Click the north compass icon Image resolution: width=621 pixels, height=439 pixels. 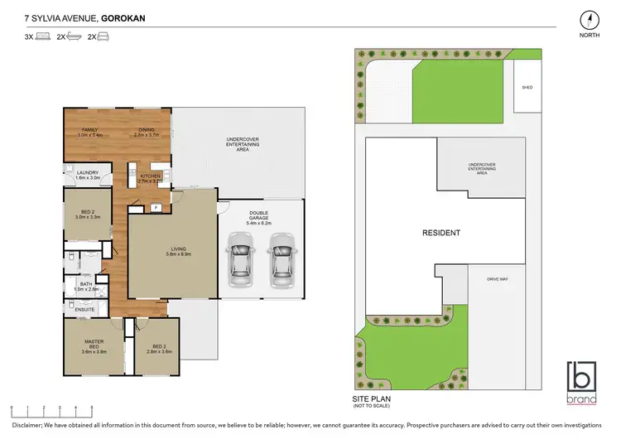click(588, 21)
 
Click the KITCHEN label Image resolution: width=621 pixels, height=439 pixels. click(151, 177)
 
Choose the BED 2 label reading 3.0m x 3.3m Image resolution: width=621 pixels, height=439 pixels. click(88, 214)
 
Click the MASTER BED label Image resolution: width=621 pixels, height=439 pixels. click(93, 347)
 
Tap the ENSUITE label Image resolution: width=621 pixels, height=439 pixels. click(86, 310)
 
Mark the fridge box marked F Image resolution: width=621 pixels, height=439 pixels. click(155, 206)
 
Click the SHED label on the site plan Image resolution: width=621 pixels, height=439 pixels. click(527, 86)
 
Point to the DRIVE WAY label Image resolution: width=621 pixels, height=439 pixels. click(497, 279)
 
